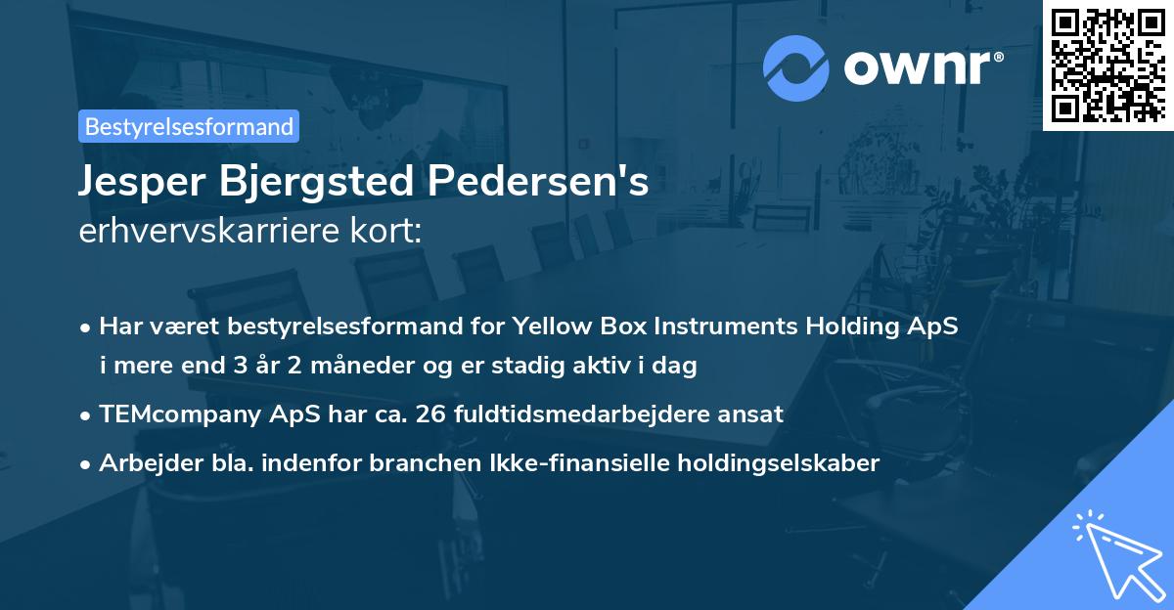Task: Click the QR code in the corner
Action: point(1108,65)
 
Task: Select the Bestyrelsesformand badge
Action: point(189,126)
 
